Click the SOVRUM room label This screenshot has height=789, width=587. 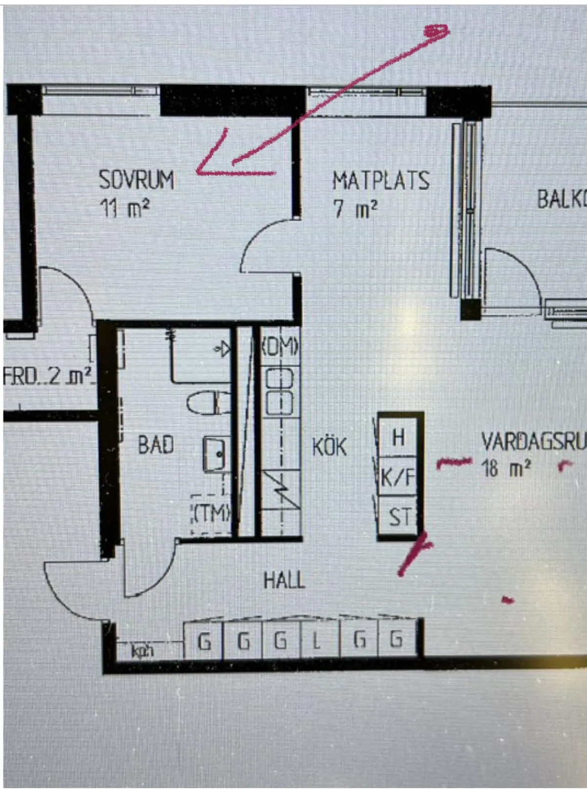click(136, 180)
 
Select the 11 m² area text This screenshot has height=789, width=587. click(124, 208)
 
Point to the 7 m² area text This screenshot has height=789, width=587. click(355, 209)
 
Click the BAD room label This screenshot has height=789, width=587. click(156, 445)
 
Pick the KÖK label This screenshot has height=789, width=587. click(329, 447)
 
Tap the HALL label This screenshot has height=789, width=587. click(284, 580)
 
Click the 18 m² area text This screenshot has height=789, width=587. click(506, 468)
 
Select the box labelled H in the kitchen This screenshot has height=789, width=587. click(398, 437)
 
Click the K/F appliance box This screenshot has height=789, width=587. click(398, 477)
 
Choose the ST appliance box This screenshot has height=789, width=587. click(399, 517)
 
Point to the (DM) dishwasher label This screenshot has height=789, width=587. click(280, 348)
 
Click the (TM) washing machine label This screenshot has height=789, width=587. click(210, 513)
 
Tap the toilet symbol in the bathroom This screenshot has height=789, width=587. click(209, 403)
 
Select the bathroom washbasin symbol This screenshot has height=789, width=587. click(215, 454)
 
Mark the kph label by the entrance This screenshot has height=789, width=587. click(142, 651)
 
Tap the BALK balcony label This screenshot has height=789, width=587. click(561, 199)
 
